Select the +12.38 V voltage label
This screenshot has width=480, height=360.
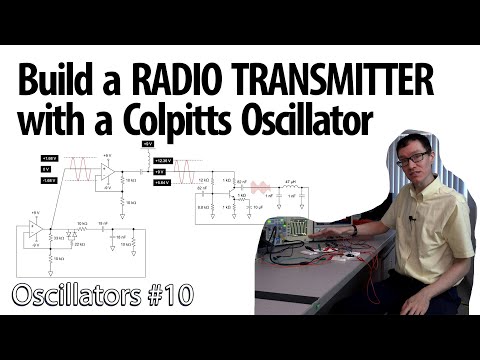point(161,160)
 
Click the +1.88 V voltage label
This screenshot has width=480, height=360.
point(49,159)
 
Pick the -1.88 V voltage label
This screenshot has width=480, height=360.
point(49,180)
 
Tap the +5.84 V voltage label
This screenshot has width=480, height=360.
point(161,182)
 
